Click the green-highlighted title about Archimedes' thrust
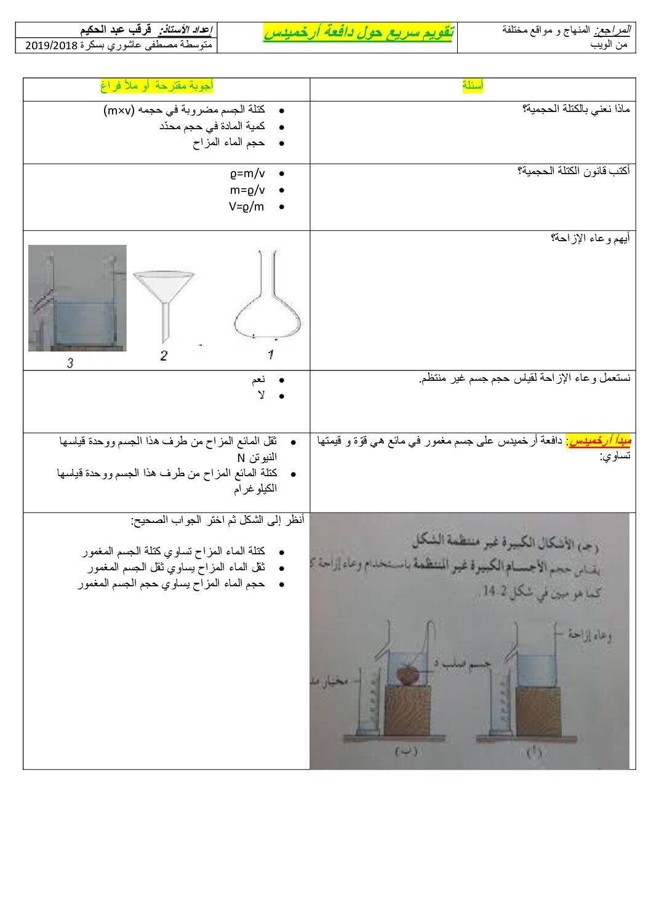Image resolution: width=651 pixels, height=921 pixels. pyautogui.click(x=358, y=33)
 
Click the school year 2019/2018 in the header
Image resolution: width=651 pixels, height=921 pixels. pyautogui.click(x=52, y=45)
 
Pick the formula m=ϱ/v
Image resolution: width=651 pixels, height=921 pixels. pyautogui.click(x=247, y=191)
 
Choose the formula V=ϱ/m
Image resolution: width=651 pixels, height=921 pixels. pyautogui.click(x=247, y=207)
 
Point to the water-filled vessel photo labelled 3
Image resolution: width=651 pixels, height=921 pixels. pyautogui.click(x=77, y=298)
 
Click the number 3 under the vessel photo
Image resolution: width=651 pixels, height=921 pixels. pyautogui.click(x=70, y=363)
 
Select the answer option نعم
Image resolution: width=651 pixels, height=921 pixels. pyautogui.click(x=258, y=380)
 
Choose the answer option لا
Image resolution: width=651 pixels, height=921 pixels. pyautogui.click(x=262, y=396)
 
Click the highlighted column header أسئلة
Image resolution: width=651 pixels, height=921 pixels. pyautogui.click(x=473, y=86)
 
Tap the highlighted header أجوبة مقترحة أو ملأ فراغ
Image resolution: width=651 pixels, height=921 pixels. pyautogui.click(x=157, y=86)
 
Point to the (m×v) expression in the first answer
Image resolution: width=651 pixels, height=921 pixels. pyautogui.click(x=119, y=110)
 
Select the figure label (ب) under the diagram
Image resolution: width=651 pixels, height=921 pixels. pyautogui.click(x=406, y=752)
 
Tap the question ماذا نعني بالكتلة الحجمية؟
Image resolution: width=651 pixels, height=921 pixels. pyautogui.click(x=576, y=110)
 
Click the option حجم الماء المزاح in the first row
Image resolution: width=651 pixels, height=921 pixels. pyautogui.click(x=229, y=143)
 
